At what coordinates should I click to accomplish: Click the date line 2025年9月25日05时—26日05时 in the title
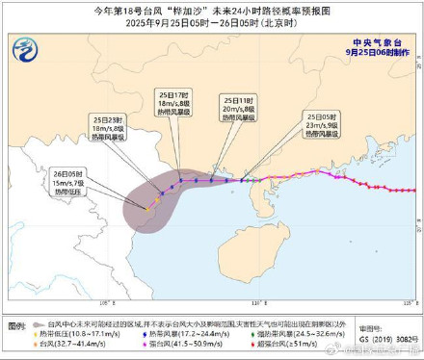tap(212, 22)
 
